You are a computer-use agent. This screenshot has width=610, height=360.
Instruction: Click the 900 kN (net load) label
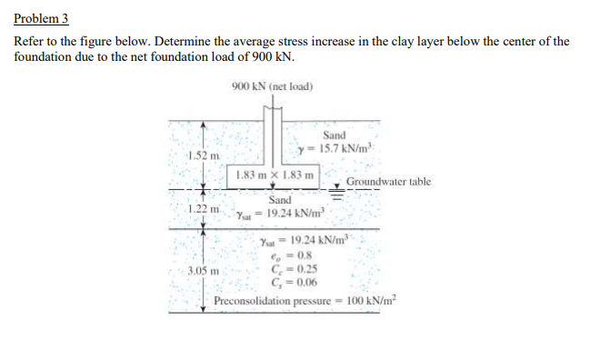pos(273,86)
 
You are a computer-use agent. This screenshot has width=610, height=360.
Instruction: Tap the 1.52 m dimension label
pos(198,158)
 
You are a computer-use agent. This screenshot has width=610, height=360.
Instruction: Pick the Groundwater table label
pos(388,182)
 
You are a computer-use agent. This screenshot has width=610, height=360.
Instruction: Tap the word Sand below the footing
pos(280,200)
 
